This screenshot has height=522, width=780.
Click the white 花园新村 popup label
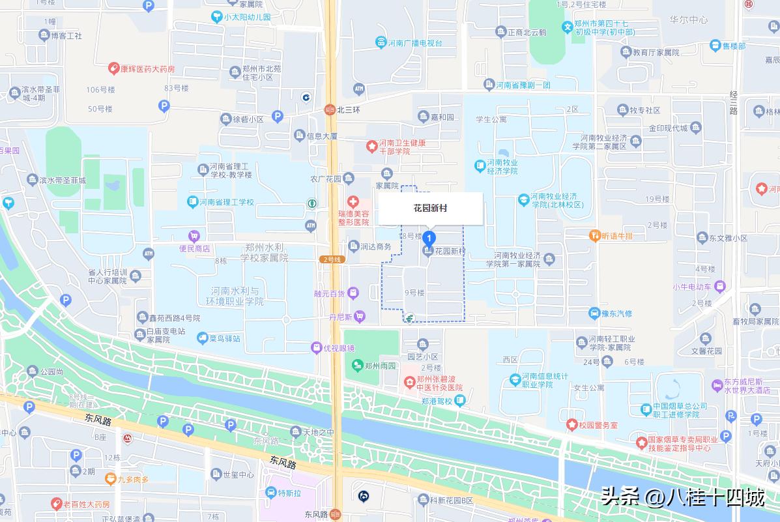pyautogui.click(x=430, y=209)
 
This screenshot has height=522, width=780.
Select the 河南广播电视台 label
pyautogui.click(x=415, y=43)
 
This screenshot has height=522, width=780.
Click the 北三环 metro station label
pyautogui.click(x=349, y=110)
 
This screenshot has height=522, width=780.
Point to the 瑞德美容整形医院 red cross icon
pyautogui.click(x=353, y=202)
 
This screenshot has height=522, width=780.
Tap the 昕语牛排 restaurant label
pyautogui.click(x=617, y=236)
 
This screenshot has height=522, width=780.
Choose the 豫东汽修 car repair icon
pyautogui.click(x=594, y=313)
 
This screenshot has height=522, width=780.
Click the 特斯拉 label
pyautogui.click(x=289, y=493)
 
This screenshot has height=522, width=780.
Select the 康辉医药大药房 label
pyautogui.click(x=147, y=68)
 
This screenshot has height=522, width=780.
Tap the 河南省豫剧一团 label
pyautogui.click(x=523, y=85)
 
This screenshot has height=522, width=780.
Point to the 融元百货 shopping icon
pyautogui.click(x=353, y=293)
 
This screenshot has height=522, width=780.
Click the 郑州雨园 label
pyautogui.click(x=381, y=366)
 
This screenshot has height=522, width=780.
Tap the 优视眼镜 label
pyautogui.click(x=339, y=348)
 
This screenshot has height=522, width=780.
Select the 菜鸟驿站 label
pyautogui.click(x=225, y=339)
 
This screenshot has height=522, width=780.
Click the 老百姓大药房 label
pyautogui.click(x=87, y=504)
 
